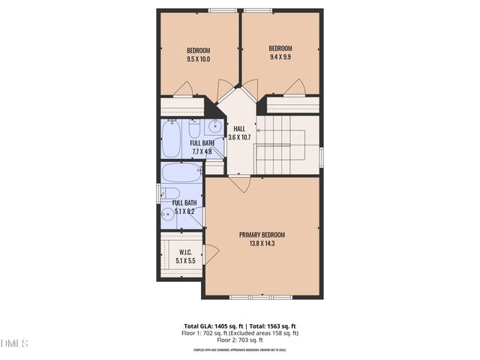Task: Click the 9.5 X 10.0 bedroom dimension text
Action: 198,58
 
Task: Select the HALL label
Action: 240,127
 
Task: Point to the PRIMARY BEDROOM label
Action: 262,235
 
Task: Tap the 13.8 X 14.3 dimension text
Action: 262,243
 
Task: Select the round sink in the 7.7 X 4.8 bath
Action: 214,124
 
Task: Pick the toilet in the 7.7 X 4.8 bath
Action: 194,127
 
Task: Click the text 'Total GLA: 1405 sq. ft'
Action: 211,326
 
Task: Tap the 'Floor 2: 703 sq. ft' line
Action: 240,339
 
